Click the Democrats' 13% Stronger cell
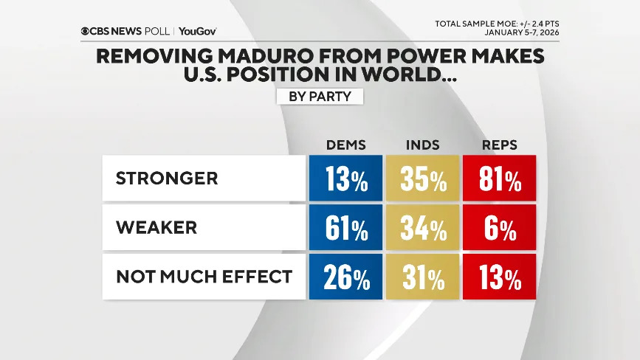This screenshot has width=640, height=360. pyautogui.click(x=345, y=179)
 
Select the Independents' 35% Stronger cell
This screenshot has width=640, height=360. pyautogui.click(x=422, y=179)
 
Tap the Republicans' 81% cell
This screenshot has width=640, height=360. pyautogui.click(x=500, y=179)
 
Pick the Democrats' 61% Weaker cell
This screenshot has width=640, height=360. pyautogui.click(x=345, y=228)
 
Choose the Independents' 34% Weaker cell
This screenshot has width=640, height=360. pyautogui.click(x=422, y=228)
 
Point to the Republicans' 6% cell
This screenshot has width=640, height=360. pyautogui.click(x=500, y=228)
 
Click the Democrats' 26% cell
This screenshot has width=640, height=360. pyautogui.click(x=345, y=277)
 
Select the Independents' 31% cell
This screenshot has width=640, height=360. pyautogui.click(x=422, y=277)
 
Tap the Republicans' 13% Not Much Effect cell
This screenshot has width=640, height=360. pyautogui.click(x=500, y=277)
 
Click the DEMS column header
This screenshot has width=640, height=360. pyautogui.click(x=345, y=145)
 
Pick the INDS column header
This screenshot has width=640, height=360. pyautogui.click(x=423, y=145)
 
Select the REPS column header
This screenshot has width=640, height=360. pyautogui.click(x=500, y=145)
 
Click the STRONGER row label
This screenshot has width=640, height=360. pyautogui.click(x=167, y=179)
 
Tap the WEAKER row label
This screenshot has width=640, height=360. pyautogui.click(x=156, y=228)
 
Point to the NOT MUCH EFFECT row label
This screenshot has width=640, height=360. pyautogui.click(x=204, y=277)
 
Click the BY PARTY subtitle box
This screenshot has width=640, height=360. pyautogui.click(x=320, y=97)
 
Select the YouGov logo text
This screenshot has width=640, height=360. pyautogui.click(x=198, y=32)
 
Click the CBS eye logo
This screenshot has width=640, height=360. pyautogui.click(x=86, y=32)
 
